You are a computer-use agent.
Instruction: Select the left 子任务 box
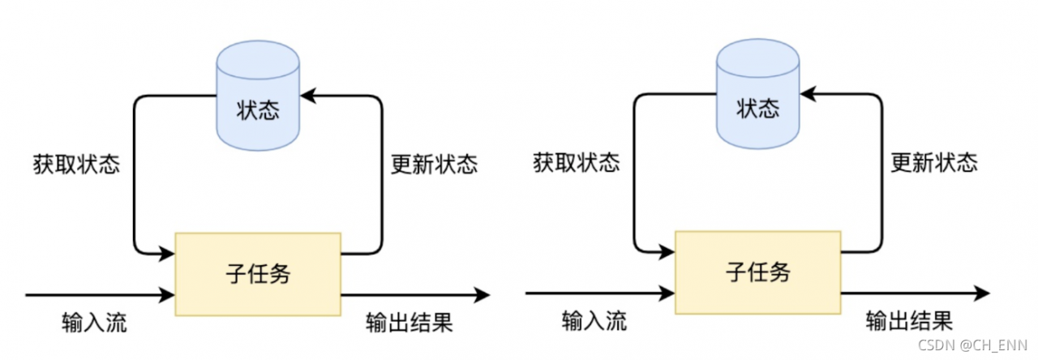point(258,273)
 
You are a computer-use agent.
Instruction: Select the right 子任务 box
point(758,273)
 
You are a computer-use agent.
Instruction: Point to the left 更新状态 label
point(429,165)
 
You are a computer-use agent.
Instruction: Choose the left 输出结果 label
point(409,322)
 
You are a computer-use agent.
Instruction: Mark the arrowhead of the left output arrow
point(483,294)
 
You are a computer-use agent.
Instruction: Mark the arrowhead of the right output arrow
point(983,293)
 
